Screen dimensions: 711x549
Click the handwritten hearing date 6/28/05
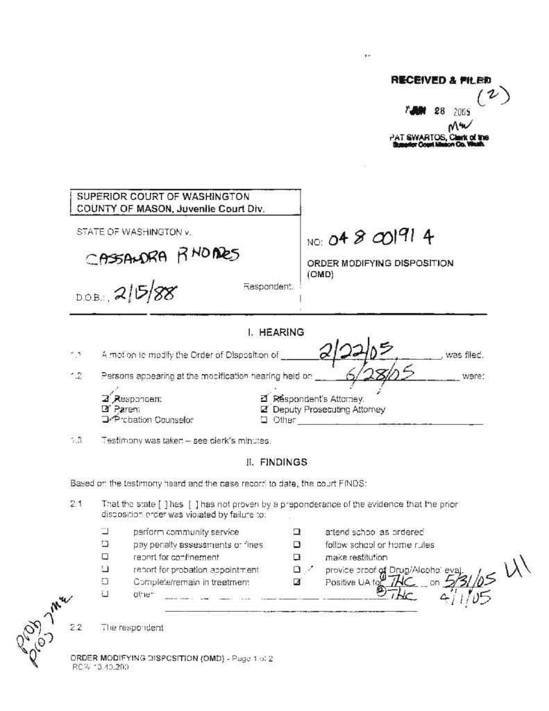coord(379,376)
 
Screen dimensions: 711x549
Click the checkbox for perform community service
coord(106,532)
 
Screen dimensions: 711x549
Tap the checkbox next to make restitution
coord(296,557)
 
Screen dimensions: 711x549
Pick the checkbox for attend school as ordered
coord(296,532)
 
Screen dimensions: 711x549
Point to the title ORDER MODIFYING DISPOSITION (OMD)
coord(380,268)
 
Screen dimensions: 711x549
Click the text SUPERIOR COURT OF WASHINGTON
coord(163,197)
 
